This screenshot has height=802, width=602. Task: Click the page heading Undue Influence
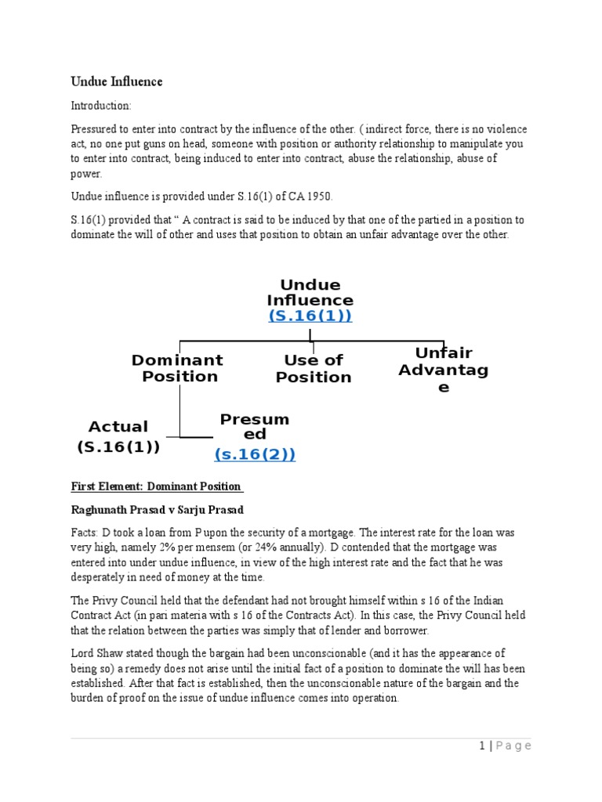(117, 81)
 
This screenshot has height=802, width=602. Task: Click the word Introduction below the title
(101, 106)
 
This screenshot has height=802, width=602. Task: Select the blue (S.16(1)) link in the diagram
(310, 316)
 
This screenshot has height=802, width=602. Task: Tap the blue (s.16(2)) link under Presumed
(255, 454)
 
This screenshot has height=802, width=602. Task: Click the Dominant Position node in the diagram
(177, 368)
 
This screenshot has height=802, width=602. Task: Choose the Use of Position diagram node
(313, 368)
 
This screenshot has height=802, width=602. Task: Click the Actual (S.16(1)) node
(118, 437)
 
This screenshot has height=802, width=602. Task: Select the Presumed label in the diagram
(255, 426)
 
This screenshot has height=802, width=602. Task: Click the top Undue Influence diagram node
(310, 292)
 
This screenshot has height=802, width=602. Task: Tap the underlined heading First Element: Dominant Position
(156, 486)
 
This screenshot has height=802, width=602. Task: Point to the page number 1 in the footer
(483, 746)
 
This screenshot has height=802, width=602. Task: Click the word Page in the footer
(515, 746)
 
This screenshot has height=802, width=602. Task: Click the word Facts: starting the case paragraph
(85, 532)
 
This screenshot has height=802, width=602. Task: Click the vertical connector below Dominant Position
(180, 410)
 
